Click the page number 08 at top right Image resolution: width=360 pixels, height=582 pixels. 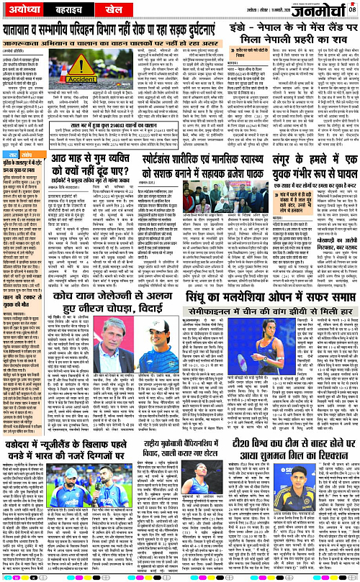pos(353,9)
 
